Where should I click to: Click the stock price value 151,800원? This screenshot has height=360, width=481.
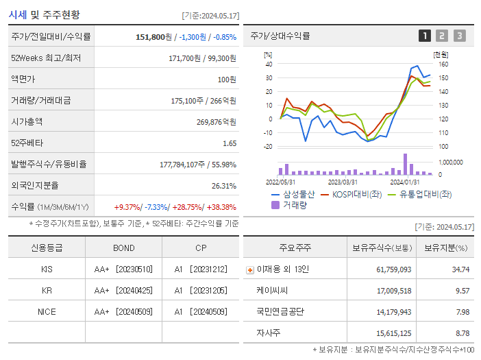pos(154,37)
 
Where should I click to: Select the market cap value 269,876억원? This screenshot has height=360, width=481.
pos(216,122)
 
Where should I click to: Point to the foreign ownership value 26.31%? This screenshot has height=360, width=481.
pos(223,186)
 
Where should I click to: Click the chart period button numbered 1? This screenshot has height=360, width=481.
pos(425,36)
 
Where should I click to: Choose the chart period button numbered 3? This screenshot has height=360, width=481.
pos(459,36)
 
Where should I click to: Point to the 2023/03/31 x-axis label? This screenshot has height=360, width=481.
pos(343,182)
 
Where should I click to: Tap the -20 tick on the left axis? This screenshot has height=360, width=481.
pos(268,147)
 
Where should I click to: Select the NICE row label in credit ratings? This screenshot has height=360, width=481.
pos(47,312)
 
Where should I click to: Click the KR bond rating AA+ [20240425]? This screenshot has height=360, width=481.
pos(123,291)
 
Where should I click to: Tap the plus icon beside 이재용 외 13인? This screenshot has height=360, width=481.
pos(249,269)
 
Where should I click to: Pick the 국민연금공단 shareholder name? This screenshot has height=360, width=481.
pos(280,312)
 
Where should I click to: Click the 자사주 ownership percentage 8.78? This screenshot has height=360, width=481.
pos(462,333)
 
